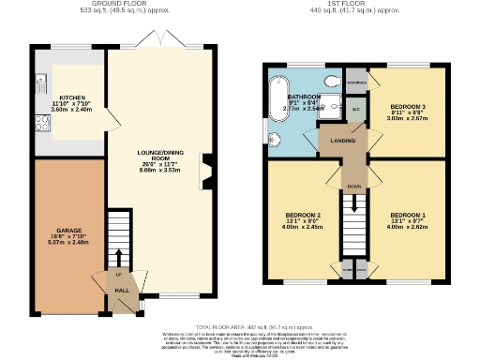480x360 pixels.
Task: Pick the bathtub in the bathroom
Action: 277,98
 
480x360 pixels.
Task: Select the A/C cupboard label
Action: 355,109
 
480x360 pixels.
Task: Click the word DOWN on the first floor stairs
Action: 354,186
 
